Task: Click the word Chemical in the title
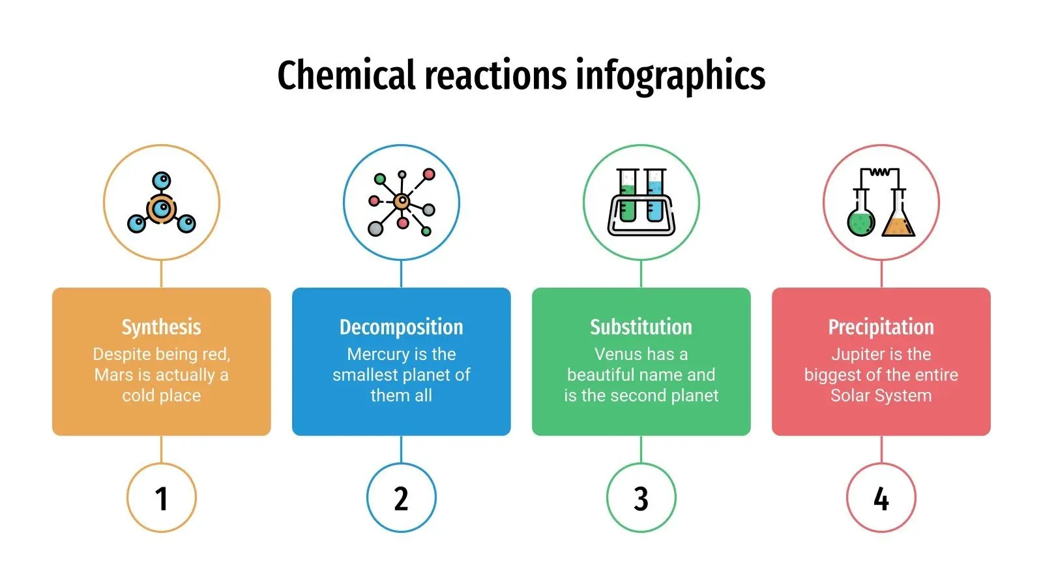(346, 75)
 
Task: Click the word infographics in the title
(671, 78)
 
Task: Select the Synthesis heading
(161, 327)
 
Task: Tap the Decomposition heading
(401, 327)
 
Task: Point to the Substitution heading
(641, 327)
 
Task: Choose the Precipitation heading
(881, 327)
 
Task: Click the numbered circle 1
(162, 498)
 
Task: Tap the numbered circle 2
(402, 498)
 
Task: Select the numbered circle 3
(641, 498)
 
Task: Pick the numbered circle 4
(881, 498)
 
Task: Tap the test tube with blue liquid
(655, 196)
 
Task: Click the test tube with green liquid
(628, 196)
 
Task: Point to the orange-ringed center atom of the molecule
(162, 209)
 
